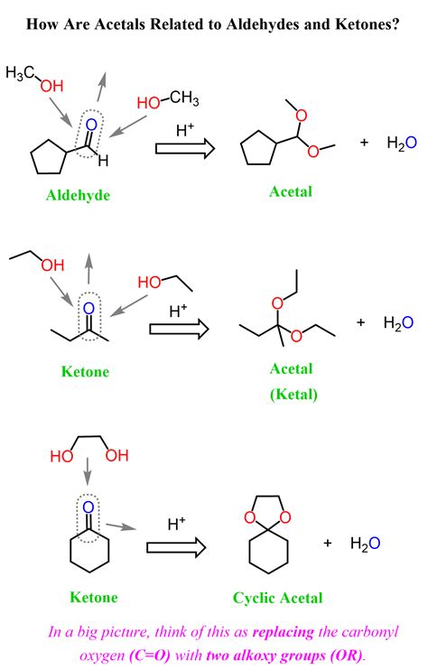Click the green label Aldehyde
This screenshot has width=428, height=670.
pos(79,195)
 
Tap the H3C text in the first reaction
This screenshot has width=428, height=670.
pos(20,73)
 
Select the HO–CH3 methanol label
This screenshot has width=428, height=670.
pos(168,100)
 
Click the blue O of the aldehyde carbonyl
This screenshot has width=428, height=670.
pos(91,125)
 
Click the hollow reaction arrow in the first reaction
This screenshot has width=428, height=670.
pos(185,148)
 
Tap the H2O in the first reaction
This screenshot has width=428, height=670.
pos(402,143)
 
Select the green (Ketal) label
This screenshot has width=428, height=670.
pos(293,394)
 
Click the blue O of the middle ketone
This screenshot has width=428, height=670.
pos(88,308)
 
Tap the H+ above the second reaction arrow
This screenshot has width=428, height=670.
pos(178,311)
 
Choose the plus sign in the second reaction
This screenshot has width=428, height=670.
pos(360,322)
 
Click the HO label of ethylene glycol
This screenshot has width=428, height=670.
pos(61,456)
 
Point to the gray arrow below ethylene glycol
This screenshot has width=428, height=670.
pos(88,471)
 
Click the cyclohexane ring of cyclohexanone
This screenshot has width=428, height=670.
pos(70,550)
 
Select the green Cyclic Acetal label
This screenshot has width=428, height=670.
pos(277,598)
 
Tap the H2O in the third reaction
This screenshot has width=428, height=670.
pos(365,544)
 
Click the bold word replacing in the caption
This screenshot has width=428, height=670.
pos(284,632)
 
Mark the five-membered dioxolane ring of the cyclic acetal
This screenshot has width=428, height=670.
pos(267,496)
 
